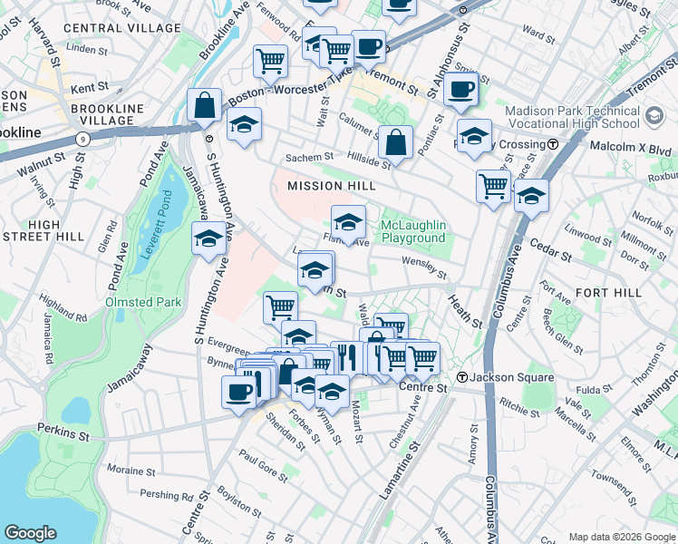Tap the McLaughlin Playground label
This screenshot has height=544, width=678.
[x=413, y=231]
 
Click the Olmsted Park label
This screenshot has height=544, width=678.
[x=142, y=302]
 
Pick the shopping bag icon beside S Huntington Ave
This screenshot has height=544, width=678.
[x=206, y=106]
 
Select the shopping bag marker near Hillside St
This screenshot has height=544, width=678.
[x=395, y=142]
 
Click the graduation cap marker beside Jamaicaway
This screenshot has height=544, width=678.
[x=208, y=239]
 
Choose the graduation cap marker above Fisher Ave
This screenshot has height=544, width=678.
[x=348, y=221]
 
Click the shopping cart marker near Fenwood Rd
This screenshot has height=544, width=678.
[x=270, y=63]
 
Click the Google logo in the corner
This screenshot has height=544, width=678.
[x=31, y=533]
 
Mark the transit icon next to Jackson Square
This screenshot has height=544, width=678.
[x=461, y=377]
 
